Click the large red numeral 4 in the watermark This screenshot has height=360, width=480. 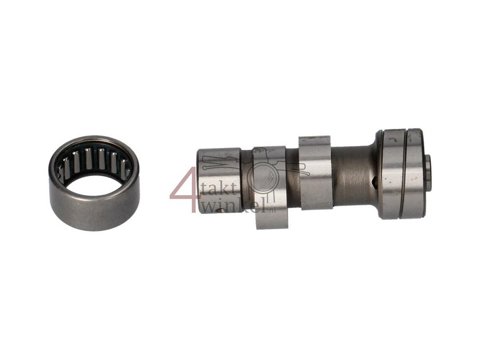(x=185, y=189)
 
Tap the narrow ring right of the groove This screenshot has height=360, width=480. (x=415, y=173)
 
